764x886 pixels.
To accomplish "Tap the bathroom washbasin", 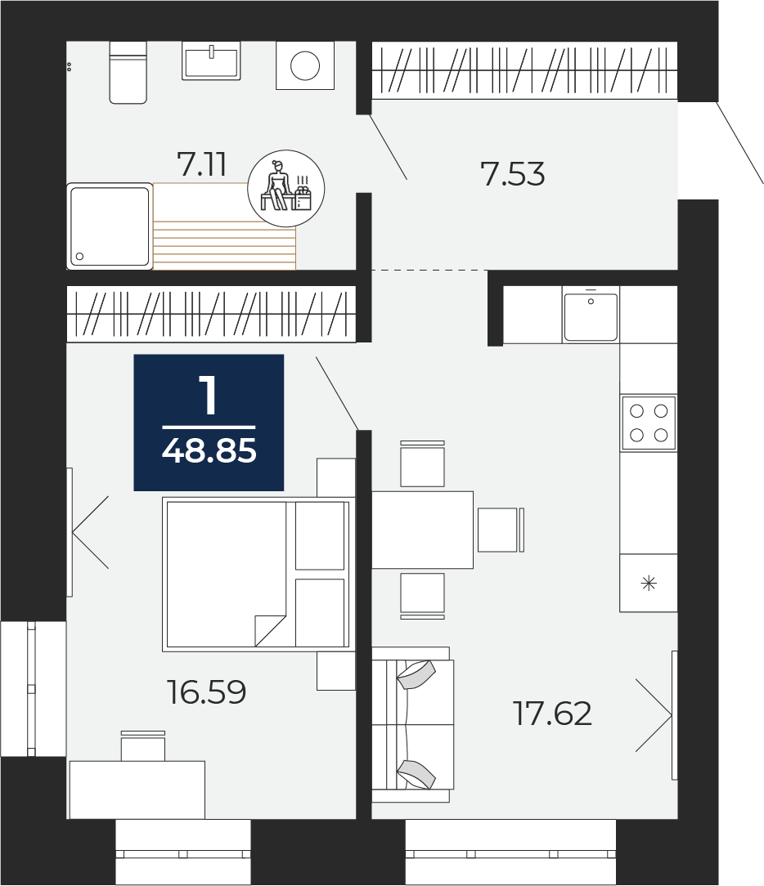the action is click(211, 60).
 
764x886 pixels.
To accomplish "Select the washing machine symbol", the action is click(305, 65).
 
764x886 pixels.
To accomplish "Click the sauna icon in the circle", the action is click(286, 188).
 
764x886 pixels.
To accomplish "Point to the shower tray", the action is click(110, 226).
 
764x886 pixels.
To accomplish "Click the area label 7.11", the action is click(202, 163).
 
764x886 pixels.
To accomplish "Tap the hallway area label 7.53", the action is click(512, 173).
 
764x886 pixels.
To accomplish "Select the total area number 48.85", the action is click(209, 451).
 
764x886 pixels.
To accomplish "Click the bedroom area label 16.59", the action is click(206, 692).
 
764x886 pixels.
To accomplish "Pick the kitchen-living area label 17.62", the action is click(552, 713).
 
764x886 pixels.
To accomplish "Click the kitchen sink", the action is click(591, 315).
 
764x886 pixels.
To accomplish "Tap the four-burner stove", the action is click(649, 423).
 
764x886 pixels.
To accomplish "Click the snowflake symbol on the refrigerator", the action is click(649, 583).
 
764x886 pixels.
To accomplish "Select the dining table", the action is click(422, 530).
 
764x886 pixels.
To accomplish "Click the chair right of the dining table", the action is click(501, 530).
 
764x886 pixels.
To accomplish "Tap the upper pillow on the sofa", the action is click(416, 674).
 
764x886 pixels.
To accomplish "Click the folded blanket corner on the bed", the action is click(270, 631).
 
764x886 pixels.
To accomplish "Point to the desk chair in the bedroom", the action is click(143, 745).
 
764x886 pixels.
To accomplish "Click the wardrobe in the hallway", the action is click(524, 69).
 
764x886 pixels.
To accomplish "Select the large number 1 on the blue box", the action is click(209, 396).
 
